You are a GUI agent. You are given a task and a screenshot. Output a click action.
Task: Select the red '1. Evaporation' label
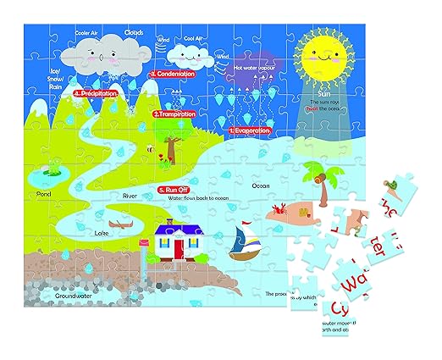coord(249,131)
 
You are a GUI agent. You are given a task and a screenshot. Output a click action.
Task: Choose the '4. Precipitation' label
coord(94,94)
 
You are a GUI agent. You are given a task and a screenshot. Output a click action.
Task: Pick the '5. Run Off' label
coord(178,190)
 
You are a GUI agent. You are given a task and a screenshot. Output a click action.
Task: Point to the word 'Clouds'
coord(134,33)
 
